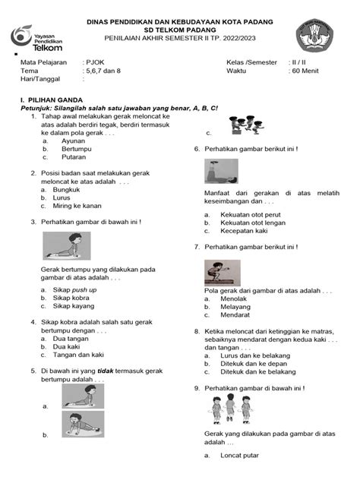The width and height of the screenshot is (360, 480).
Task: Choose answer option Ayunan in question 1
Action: coord(74,141)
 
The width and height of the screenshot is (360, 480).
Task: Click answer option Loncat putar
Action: coord(238,456)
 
